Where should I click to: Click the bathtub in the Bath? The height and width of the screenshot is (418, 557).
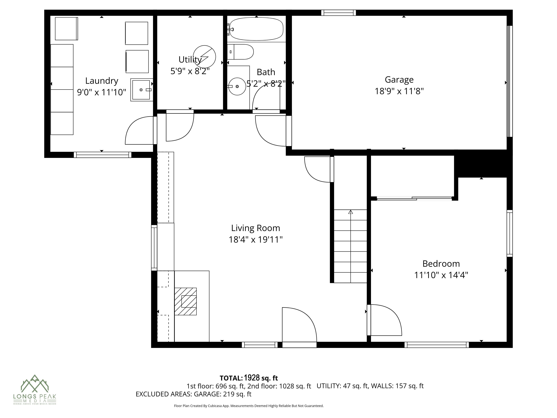pyautogui.click(x=256, y=29)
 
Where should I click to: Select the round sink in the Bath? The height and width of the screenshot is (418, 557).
pyautogui.click(x=237, y=86)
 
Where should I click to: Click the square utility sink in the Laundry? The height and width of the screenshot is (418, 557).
pyautogui.click(x=141, y=90)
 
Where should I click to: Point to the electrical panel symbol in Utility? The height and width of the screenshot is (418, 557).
pyautogui.click(x=204, y=57)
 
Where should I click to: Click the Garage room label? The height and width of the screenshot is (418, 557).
pyautogui.click(x=399, y=80)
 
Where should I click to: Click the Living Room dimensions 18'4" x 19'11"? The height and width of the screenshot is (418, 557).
pyautogui.click(x=255, y=239)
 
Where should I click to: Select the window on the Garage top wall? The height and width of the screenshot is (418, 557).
pyautogui.click(x=338, y=13)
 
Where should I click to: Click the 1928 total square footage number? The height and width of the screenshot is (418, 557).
pyautogui.click(x=252, y=378)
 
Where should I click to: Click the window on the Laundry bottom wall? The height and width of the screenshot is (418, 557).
pyautogui.click(x=102, y=155)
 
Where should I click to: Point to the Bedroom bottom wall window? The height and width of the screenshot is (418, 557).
pyautogui.click(x=437, y=345)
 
